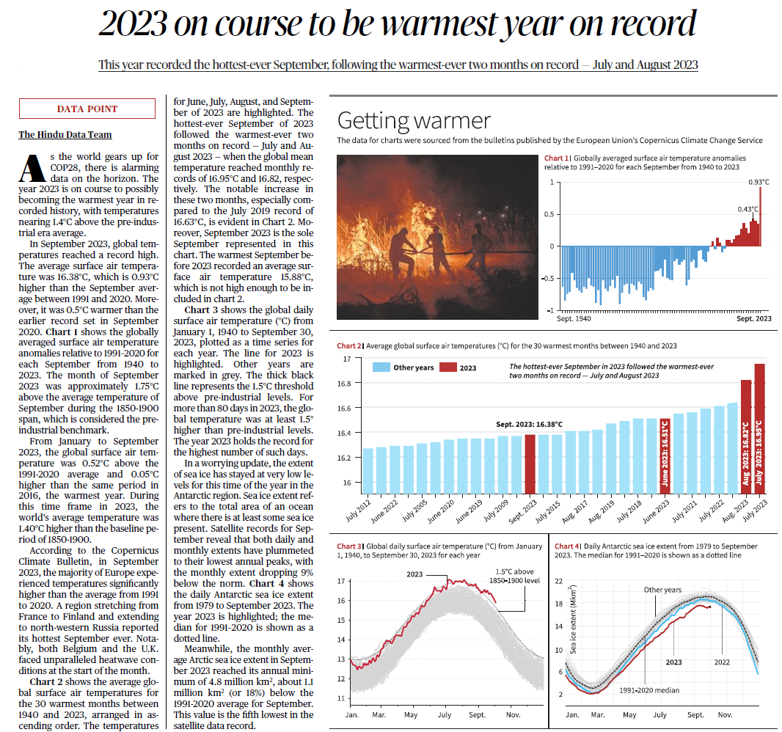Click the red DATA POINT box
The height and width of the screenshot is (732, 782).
(87, 109)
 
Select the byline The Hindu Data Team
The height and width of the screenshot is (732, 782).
(65, 134)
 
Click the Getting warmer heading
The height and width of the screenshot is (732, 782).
(413, 120)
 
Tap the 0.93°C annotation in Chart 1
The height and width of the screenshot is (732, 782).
(759, 181)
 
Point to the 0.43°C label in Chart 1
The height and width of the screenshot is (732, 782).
(748, 209)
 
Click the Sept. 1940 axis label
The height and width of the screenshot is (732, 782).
(574, 318)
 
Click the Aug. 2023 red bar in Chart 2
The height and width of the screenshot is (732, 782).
(745, 437)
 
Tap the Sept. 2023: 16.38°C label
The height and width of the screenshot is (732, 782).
(529, 424)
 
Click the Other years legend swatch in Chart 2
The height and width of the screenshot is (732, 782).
(381, 367)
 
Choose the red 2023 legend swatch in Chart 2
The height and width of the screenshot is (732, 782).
(447, 367)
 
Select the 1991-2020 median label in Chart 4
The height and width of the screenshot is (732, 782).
(649, 690)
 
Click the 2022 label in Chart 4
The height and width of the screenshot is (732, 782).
(722, 662)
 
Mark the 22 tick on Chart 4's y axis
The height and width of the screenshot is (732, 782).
(558, 581)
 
